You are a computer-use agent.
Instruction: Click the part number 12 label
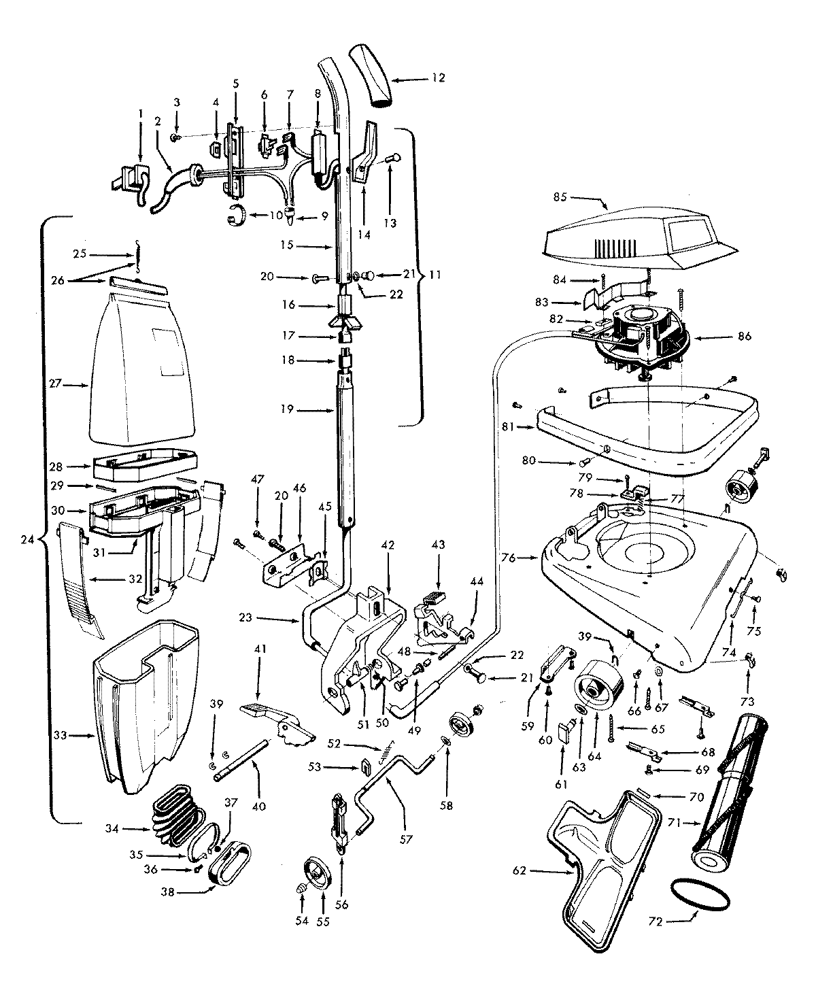[438, 78]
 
